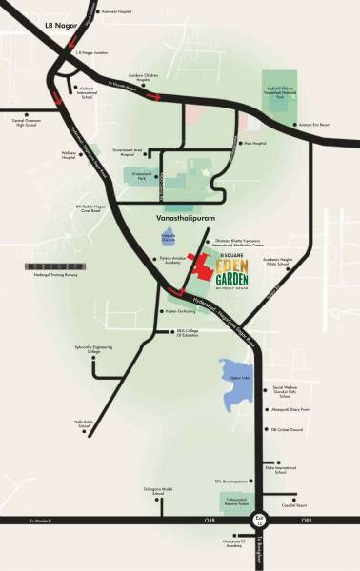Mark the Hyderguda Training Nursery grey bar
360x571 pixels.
(35, 269)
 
